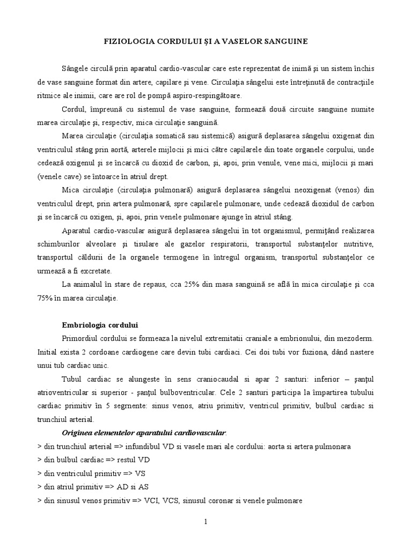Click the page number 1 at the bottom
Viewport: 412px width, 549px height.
point(205,522)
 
